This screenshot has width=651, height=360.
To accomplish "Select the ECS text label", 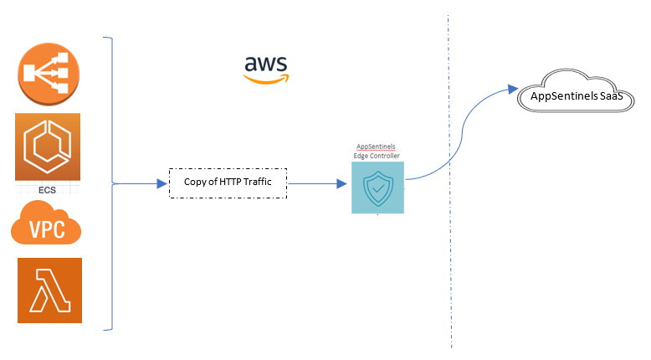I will pyautogui.click(x=47, y=190).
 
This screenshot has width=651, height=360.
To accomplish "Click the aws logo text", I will pyautogui.click(x=266, y=64).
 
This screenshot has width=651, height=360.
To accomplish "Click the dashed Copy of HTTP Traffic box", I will pyautogui.click(x=228, y=183).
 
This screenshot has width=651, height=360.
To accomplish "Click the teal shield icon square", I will pyautogui.click(x=377, y=188).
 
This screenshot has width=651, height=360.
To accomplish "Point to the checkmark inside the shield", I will pyautogui.click(x=378, y=189).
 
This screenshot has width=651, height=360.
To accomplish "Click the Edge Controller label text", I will pyautogui.click(x=377, y=156).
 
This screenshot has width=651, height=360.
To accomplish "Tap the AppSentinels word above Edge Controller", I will pyautogui.click(x=377, y=147).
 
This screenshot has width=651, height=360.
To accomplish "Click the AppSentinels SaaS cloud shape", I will pyautogui.click(x=577, y=95).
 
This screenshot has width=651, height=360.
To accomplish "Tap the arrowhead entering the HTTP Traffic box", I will pyautogui.click(x=162, y=183).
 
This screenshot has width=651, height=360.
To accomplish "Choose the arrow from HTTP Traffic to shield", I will pyautogui.click(x=318, y=183).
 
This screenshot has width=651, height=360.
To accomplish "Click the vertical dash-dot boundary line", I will pyautogui.click(x=451, y=251).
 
